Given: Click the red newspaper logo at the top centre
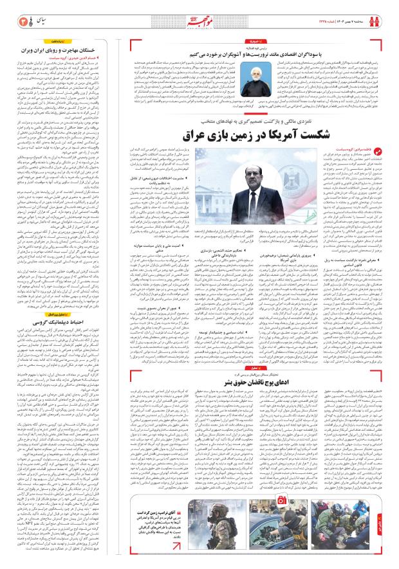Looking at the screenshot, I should point(199,14).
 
